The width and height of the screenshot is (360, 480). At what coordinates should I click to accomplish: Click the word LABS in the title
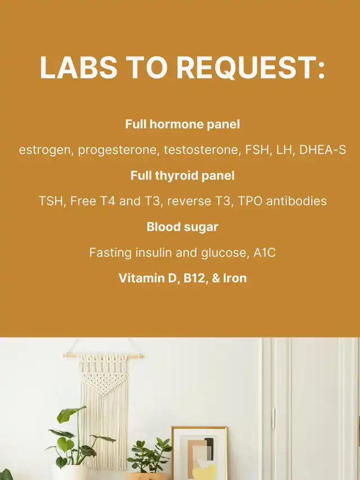point(78,68)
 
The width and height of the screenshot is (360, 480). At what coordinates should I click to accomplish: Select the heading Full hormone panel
point(182,124)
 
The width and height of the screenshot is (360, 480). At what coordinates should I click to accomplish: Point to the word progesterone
point(119,150)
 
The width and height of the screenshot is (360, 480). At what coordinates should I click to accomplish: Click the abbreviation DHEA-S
point(323,150)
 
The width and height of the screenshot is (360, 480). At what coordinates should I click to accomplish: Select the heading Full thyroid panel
point(182,176)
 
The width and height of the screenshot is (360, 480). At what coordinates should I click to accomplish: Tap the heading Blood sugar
point(182,227)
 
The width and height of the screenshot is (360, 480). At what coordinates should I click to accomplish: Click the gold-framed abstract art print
point(200,453)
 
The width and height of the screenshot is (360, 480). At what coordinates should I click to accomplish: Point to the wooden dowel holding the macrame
point(103,356)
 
